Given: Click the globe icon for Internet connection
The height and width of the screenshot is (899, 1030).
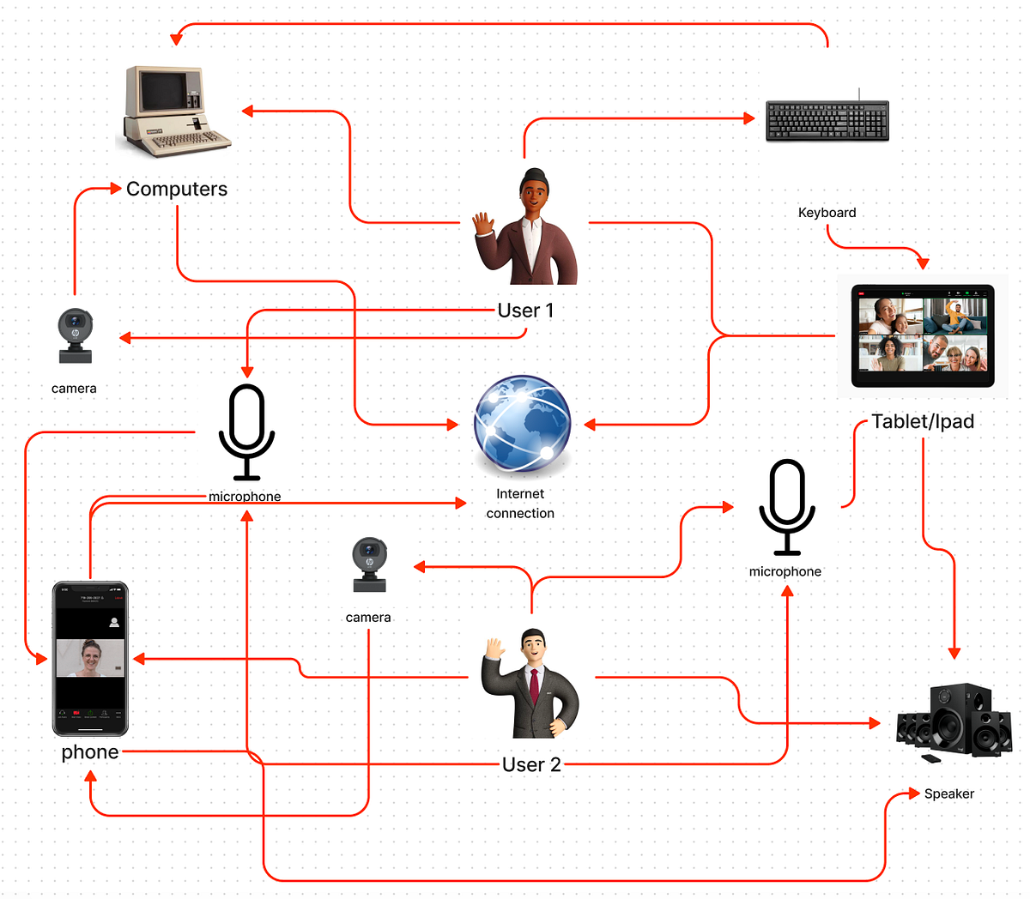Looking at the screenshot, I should click(522, 424).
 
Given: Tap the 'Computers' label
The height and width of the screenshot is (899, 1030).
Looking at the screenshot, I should click(177, 189).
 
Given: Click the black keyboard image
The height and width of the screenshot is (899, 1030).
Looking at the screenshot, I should click(827, 121).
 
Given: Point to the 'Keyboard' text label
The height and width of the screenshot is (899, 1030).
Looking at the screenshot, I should click(827, 213).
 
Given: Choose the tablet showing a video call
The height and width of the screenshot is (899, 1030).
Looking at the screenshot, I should click(923, 336).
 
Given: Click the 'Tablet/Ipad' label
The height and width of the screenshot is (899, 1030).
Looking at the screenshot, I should click(923, 421).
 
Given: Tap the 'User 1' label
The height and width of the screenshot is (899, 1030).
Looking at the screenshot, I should click(525, 311).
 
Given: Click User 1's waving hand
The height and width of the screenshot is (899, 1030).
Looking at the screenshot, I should click(484, 227).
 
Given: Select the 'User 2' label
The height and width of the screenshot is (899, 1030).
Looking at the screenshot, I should click(531, 764).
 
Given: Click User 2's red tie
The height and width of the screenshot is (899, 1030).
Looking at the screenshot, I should click(534, 686).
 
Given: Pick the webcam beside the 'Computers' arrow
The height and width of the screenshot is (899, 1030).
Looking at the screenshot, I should click(75, 335).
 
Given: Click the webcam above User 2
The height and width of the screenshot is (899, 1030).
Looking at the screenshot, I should click(369, 564).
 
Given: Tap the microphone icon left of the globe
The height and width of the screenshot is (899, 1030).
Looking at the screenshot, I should click(246, 431).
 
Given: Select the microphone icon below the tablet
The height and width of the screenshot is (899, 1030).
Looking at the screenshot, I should click(786, 506).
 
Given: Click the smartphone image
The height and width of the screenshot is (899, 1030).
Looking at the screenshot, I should click(90, 659).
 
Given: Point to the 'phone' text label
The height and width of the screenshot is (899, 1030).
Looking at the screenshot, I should click(90, 752).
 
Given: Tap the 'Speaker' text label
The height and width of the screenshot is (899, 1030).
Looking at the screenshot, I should click(948, 793).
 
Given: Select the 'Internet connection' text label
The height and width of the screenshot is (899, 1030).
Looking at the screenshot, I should click(520, 504).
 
